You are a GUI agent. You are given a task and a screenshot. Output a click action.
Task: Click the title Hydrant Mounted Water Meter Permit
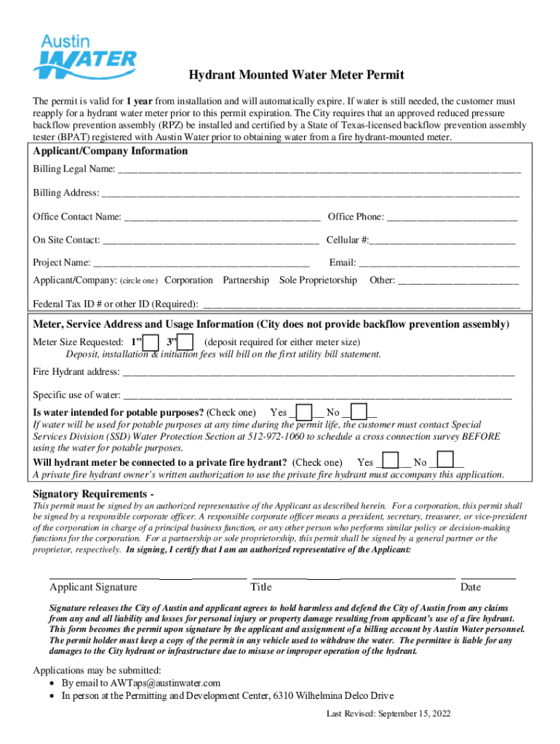click(296, 75)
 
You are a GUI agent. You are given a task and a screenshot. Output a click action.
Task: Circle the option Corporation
click(189, 280)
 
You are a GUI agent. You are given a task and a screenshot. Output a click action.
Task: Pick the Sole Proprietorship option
click(318, 280)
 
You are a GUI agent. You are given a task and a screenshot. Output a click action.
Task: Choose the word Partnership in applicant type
click(246, 280)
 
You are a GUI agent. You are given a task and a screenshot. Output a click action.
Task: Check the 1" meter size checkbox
click(151, 342)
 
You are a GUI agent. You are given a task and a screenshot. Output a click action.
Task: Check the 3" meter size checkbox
click(185, 342)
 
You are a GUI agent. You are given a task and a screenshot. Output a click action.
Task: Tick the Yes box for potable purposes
click(305, 412)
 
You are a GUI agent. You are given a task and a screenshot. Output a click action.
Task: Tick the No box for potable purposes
click(359, 412)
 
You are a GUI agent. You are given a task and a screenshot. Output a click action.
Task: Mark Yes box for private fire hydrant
click(391, 461)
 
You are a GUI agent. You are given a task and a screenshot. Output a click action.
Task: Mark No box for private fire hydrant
click(445, 461)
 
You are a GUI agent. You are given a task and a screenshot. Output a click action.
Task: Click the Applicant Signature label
click(93, 587)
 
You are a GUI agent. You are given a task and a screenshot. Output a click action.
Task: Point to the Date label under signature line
click(471, 587)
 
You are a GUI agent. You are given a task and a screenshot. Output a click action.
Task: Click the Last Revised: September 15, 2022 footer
click(388, 713)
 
